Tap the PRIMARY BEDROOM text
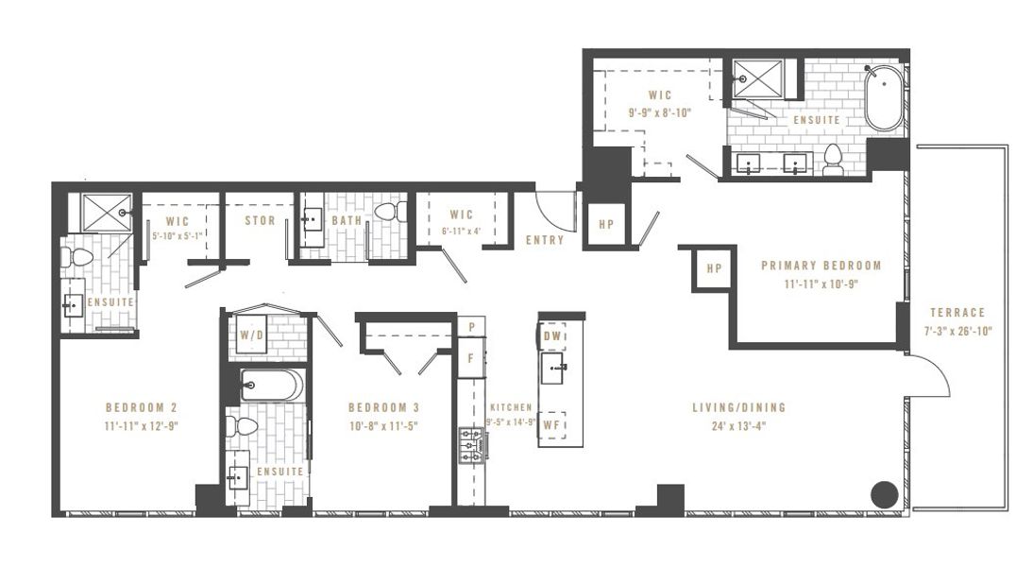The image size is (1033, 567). point(821,266)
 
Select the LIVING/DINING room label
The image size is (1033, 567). point(738,407)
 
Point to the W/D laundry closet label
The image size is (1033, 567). point(251,335)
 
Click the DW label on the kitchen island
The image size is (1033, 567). point(552,335)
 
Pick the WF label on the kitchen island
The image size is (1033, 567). point(552,427)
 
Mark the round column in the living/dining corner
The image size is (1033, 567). point(884,493)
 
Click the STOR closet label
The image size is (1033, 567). point(260,221)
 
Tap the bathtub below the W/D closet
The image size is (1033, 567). point(270,386)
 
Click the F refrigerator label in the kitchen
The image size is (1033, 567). point(470,358)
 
